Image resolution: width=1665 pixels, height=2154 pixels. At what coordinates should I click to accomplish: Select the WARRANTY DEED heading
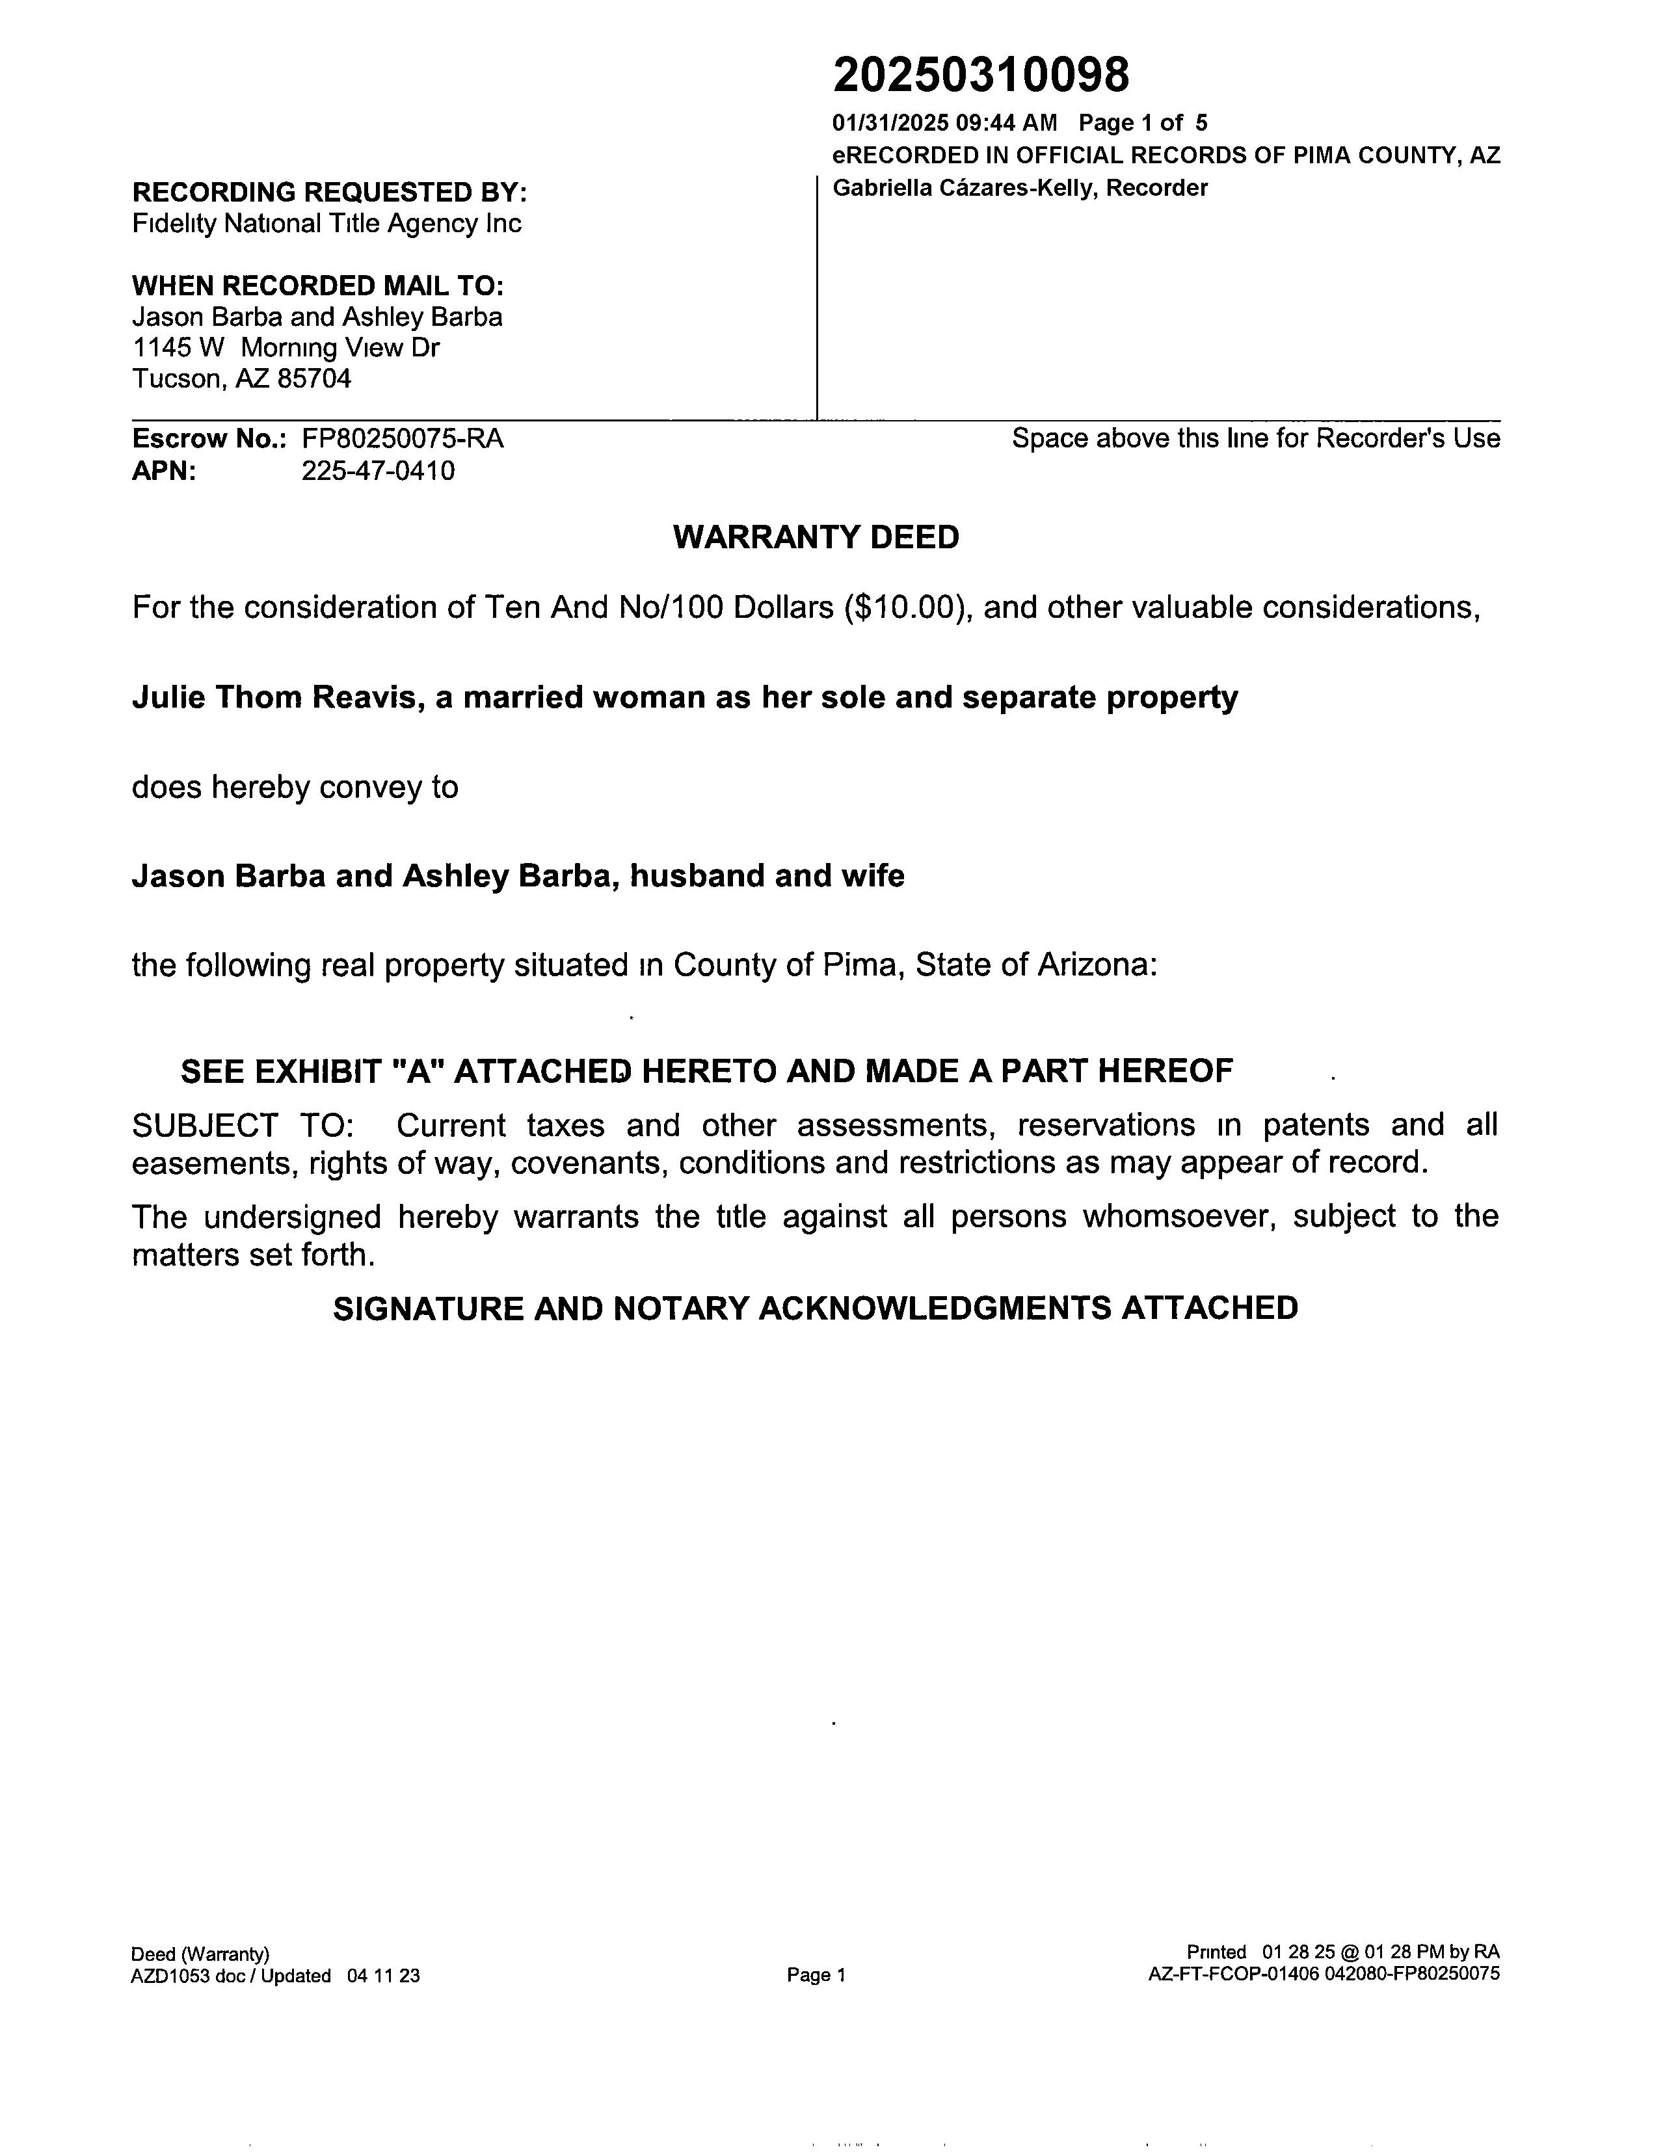pyautogui.click(x=816, y=537)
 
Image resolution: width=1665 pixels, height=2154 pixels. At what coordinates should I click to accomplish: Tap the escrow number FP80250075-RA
pyautogui.click(x=403, y=439)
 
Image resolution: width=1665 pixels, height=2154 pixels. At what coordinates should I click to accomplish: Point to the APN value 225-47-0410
pyautogui.click(x=378, y=472)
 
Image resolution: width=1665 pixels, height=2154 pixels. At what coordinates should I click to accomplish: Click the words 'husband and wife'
pyautogui.click(x=766, y=876)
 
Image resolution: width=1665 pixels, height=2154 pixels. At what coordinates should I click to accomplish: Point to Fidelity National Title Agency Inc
pyautogui.click(x=326, y=224)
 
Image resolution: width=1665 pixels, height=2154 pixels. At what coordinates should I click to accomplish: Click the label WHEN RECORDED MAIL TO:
pyautogui.click(x=317, y=286)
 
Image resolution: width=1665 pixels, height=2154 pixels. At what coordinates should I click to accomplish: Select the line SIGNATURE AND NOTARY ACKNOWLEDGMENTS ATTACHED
pyautogui.click(x=815, y=1309)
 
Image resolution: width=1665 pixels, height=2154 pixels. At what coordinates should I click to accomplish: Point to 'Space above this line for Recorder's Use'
pyautogui.click(x=1256, y=439)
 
